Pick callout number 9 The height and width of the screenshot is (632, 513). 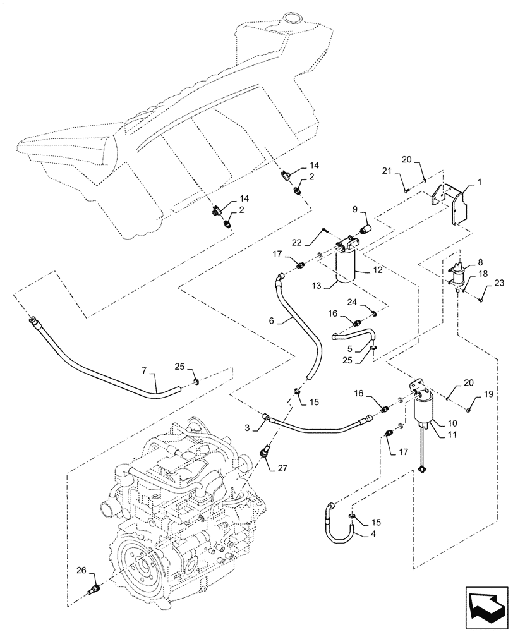pyautogui.click(x=355, y=209)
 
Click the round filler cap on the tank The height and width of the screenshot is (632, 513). pyautogui.click(x=293, y=20)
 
